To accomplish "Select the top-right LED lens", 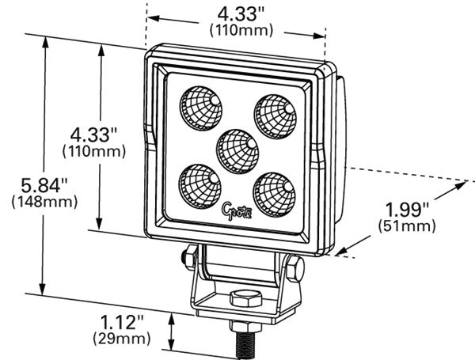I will pyautogui.click(x=273, y=109).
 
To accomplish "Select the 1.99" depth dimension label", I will pyautogui.click(x=407, y=210).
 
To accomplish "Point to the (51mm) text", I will pyautogui.click(x=407, y=226).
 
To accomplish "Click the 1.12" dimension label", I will pyautogui.click(x=123, y=321).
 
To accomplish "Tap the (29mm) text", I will pyautogui.click(x=123, y=339).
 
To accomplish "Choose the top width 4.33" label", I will pyautogui.click(x=240, y=13).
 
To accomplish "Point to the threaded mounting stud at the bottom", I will pyautogui.click(x=245, y=342).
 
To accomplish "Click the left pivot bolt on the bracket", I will pyautogui.click(x=188, y=256).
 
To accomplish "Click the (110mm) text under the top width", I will pyautogui.click(x=241, y=30).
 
